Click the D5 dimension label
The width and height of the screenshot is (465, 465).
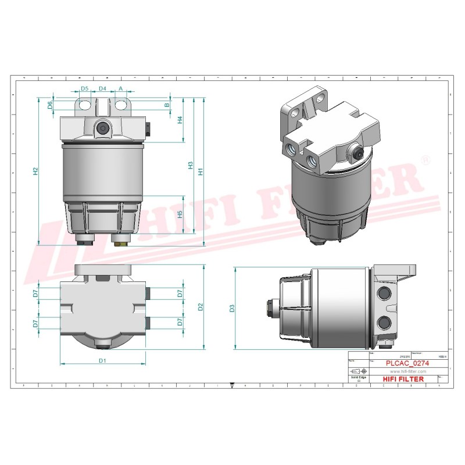point(84,88)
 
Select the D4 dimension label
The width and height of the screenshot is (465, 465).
point(102,88)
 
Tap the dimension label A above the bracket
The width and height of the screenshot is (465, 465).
point(121,88)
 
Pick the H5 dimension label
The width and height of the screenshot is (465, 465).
point(180,214)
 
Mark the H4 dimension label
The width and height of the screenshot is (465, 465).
point(180,120)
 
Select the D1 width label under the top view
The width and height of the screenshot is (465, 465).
point(102,361)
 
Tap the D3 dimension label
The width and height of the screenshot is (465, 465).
point(231,309)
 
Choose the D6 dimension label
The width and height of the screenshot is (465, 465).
point(51,105)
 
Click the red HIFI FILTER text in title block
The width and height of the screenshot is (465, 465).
point(404,379)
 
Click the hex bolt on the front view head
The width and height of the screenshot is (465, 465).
point(102,129)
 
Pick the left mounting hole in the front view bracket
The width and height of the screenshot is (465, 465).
point(85,105)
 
